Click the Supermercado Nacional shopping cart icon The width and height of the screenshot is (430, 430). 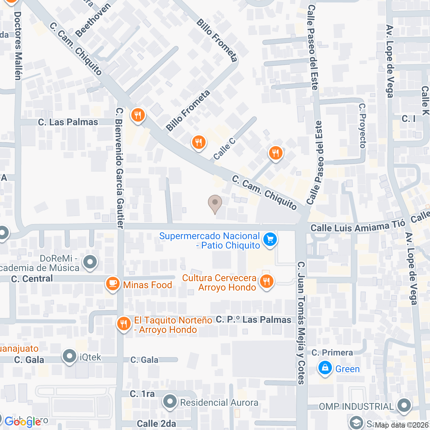[270, 240]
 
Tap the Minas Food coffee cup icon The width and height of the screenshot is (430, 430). [113, 284]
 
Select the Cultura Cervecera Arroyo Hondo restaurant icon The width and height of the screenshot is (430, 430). [266, 281]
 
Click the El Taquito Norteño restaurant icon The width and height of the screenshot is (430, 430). [124, 324]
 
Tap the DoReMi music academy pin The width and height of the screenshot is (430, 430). [90, 262]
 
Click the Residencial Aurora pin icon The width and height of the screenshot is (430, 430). [170, 401]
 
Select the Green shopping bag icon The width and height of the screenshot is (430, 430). [325, 368]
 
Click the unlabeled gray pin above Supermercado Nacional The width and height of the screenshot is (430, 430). [215, 203]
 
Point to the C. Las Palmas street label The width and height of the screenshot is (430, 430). [68, 122]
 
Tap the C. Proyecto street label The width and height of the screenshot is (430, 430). [362, 126]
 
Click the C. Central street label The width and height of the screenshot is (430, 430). [32, 279]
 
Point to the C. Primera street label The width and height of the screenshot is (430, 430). [332, 352]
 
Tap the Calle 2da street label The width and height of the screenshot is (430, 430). [156, 424]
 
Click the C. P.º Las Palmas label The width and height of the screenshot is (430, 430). [254, 319]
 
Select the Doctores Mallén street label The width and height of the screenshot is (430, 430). [18, 46]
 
